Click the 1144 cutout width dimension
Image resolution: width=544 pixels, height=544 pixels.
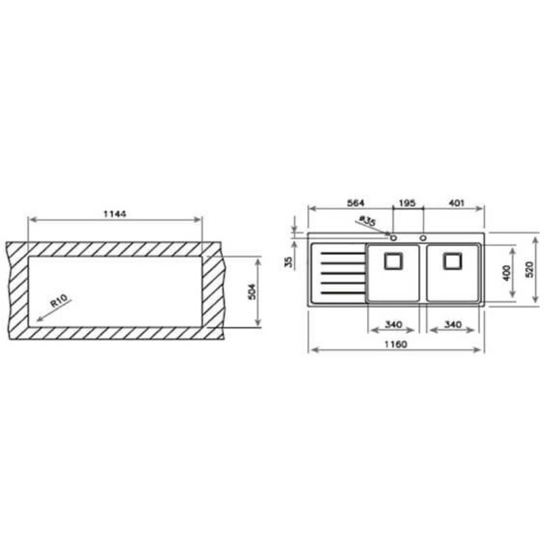point(115,214)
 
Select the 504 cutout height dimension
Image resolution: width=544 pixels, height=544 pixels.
point(252,292)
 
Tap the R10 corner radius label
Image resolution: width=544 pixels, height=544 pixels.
point(59,301)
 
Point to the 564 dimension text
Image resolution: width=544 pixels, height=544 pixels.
point(356,203)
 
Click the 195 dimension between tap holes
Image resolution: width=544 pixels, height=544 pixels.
point(407,203)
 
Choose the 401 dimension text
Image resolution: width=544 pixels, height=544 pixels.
point(456,203)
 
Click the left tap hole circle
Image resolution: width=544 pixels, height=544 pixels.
point(394,238)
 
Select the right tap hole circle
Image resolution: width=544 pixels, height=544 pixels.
point(423,238)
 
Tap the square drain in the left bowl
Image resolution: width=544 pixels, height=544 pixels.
point(394,261)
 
